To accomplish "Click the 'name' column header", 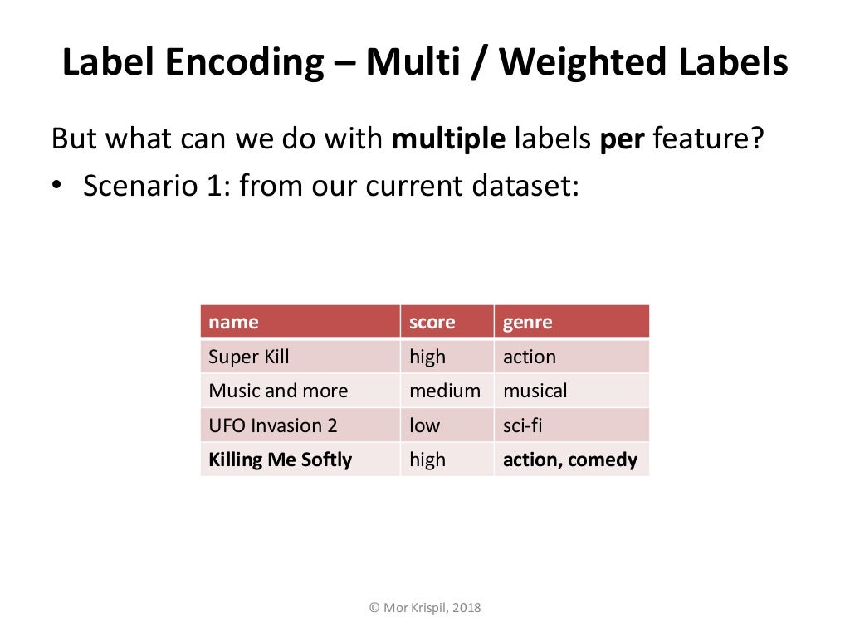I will (x=233, y=322).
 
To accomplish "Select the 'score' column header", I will (x=432, y=322).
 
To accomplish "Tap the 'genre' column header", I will (x=527, y=322).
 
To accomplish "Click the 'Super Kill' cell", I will (x=249, y=357).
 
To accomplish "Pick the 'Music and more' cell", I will (x=278, y=391).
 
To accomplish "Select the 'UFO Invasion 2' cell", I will (x=273, y=425).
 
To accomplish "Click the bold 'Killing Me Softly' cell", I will (x=281, y=460).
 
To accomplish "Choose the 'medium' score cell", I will (x=445, y=391).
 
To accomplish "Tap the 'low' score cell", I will (x=424, y=425).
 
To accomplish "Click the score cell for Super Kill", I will (x=427, y=357).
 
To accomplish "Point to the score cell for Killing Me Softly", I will (x=427, y=460).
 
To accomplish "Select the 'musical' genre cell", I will (x=535, y=391).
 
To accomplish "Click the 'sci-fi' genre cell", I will (x=523, y=425).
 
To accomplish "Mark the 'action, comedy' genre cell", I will (x=570, y=460).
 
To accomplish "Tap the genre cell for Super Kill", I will (x=530, y=357).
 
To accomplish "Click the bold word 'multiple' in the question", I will (x=448, y=138).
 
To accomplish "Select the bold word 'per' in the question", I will (x=623, y=138).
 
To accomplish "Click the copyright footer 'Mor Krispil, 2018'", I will (x=425, y=608).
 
